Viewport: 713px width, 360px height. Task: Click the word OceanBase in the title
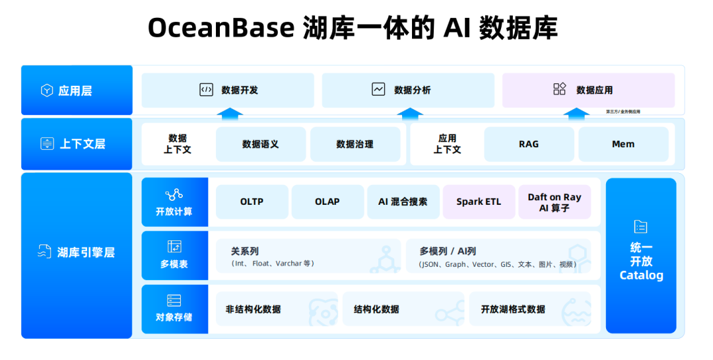click(221, 28)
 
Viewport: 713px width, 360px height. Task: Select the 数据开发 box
click(228, 90)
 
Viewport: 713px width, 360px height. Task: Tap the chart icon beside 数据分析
click(378, 89)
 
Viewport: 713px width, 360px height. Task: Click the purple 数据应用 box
click(588, 90)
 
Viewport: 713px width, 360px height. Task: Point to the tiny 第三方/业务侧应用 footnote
click(623, 112)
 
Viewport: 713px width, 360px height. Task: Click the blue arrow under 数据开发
click(230, 114)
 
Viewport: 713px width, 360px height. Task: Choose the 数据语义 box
click(261, 144)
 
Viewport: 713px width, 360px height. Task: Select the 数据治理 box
click(355, 144)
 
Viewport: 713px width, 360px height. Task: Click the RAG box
click(529, 144)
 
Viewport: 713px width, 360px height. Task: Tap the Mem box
click(623, 144)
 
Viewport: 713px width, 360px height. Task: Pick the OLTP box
click(252, 201)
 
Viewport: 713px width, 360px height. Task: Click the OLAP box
click(327, 201)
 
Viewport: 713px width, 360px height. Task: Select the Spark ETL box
click(479, 201)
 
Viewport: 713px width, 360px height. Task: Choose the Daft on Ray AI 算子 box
click(555, 201)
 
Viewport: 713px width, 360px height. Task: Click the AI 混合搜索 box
click(403, 201)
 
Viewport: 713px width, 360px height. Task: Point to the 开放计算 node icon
click(174, 195)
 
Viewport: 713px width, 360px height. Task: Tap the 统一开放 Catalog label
click(641, 261)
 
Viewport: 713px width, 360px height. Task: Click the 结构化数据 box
click(403, 309)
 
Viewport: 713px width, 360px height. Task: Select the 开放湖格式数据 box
click(530, 309)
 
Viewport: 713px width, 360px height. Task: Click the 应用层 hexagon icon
click(47, 90)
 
